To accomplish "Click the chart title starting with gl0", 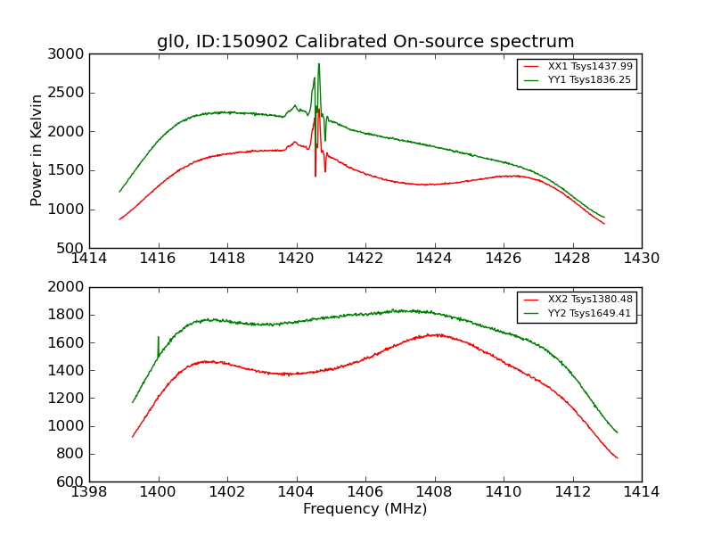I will point(365,42).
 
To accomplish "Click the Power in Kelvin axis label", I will point(37,150).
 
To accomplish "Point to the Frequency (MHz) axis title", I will point(365,509).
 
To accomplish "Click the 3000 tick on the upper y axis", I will point(68,54).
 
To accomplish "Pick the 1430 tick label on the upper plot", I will point(641,259).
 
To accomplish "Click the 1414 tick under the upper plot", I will point(89,259).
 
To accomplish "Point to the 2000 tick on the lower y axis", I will point(68,287).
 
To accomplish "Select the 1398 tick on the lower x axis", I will point(89,492).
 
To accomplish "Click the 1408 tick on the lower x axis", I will point(434,492).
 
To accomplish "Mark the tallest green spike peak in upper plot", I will point(319,64).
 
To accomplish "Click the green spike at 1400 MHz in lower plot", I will point(159,338).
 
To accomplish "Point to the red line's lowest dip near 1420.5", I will point(315,175).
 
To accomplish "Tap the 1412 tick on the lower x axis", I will point(572,492).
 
